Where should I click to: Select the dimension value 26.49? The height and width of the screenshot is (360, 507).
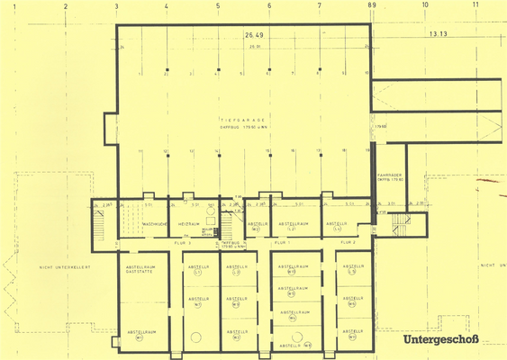[250, 36]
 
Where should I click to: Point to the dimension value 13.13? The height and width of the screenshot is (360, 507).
[439, 34]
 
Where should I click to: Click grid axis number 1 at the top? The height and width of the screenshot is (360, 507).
[14, 5]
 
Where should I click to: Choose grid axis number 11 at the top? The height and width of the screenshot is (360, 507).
[475, 5]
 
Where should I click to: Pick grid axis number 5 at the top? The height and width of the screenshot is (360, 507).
[218, 5]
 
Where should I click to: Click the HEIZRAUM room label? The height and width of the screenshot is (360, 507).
[187, 224]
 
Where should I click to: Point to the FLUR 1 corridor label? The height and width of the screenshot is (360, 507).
[282, 243]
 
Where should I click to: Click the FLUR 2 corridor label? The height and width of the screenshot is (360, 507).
[348, 243]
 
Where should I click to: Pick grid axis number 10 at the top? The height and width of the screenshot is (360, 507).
[425, 5]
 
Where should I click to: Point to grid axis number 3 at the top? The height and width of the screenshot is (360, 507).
[117, 5]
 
